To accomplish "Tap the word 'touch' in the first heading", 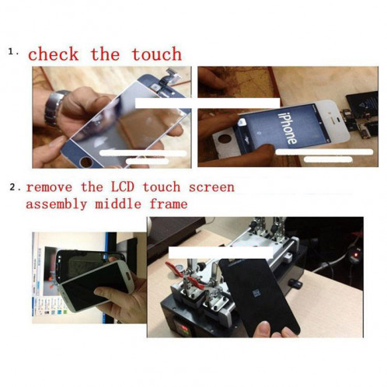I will [156, 54].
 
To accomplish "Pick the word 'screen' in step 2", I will [211, 187].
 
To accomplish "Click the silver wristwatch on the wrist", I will [57, 107].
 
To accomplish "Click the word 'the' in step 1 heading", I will [104, 54].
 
